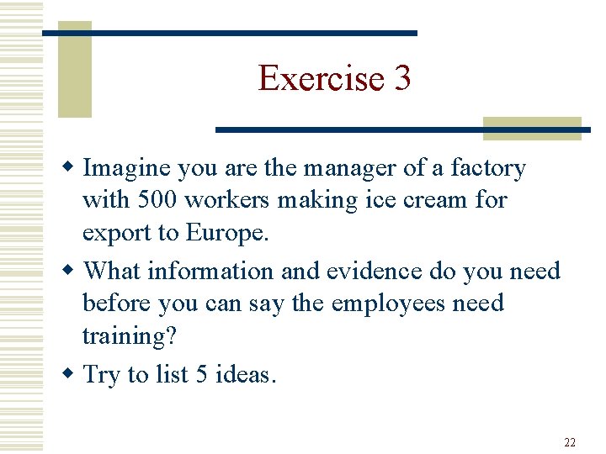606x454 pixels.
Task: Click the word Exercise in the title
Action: pyautogui.click(x=320, y=78)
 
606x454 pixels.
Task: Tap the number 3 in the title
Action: pyautogui.click(x=401, y=78)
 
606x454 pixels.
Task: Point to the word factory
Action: pyautogui.click(x=488, y=169)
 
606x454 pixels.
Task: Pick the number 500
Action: pyautogui.click(x=156, y=201)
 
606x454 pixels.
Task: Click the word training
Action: pyautogui.click(x=129, y=335)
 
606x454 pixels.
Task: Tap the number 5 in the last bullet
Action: pyautogui.click(x=201, y=373)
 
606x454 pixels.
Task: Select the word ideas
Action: pyautogui.click(x=245, y=373)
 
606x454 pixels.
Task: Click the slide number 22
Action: pyautogui.click(x=570, y=442)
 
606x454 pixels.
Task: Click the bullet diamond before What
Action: pyautogui.click(x=74, y=272)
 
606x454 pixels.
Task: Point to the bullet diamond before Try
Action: pyautogui.click(x=74, y=374)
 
